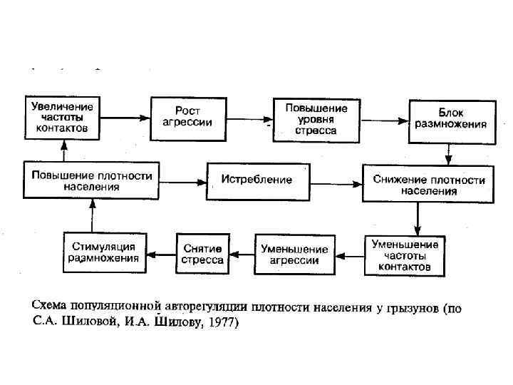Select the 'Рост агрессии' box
[x=187, y=116]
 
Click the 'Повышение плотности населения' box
[x=90, y=180]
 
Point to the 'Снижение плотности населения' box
[x=428, y=184]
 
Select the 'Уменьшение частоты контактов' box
[x=404, y=255]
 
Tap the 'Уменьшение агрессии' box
[x=294, y=254]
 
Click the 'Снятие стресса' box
[x=202, y=254]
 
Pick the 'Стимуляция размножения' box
[x=105, y=253]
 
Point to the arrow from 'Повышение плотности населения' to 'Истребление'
[x=182, y=181]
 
